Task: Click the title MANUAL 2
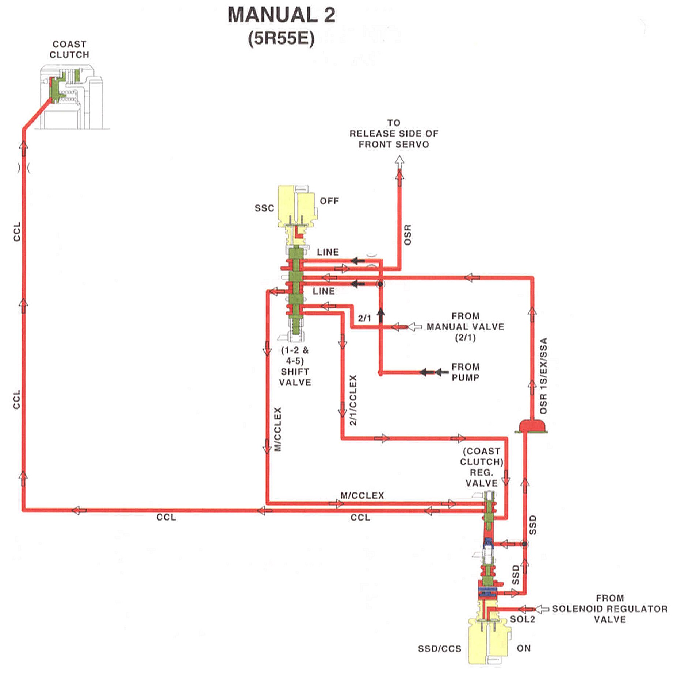click(x=281, y=15)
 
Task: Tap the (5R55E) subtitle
click(x=281, y=38)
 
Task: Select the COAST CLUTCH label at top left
click(x=69, y=49)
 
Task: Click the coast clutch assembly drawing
click(x=71, y=97)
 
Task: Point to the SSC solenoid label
click(x=264, y=208)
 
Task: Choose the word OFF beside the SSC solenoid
click(x=329, y=201)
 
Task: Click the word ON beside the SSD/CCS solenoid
click(x=524, y=648)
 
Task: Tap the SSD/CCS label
click(x=440, y=649)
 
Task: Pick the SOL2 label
click(x=523, y=619)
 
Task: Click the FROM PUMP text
click(x=466, y=372)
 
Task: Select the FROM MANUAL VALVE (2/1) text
click(x=466, y=327)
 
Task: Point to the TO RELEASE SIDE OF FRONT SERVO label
click(x=394, y=134)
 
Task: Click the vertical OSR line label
click(x=408, y=235)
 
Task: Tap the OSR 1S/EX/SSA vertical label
click(x=543, y=376)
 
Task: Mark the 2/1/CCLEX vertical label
click(x=353, y=400)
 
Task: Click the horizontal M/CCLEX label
click(x=362, y=495)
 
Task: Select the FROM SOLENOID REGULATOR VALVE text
click(x=610, y=609)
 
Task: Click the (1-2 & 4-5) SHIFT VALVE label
click(x=295, y=366)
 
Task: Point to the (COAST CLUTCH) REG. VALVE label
click(x=482, y=467)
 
